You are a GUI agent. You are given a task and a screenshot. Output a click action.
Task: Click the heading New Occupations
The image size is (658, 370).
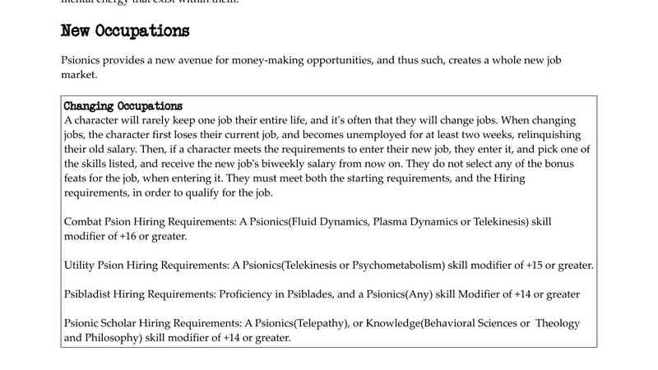point(125,31)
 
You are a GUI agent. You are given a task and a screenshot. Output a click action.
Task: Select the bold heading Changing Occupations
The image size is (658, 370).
point(123,107)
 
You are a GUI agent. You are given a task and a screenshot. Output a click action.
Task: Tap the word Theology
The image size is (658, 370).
point(558,323)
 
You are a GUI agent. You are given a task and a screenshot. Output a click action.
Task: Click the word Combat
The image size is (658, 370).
point(82,222)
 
